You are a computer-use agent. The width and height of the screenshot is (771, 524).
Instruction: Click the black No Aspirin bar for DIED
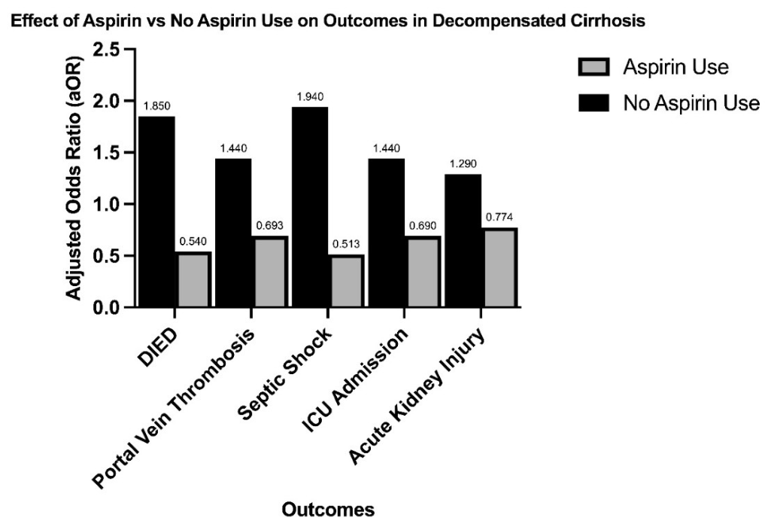(x=157, y=212)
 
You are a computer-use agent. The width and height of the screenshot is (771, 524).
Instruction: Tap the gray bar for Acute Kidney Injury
(x=499, y=268)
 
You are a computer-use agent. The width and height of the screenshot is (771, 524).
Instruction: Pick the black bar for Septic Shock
(x=310, y=207)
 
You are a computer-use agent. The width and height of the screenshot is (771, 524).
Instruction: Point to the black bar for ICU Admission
(x=387, y=233)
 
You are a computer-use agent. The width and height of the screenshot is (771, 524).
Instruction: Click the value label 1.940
(x=310, y=97)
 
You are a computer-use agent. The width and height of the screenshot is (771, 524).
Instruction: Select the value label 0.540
(x=193, y=242)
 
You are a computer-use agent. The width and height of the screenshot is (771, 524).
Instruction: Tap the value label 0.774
(x=499, y=217)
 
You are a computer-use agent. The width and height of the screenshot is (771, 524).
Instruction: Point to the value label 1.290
(x=463, y=164)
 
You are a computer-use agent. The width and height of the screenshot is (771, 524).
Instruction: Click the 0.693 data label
(x=269, y=226)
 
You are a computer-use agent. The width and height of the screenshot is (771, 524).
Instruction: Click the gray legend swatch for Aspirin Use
(x=593, y=67)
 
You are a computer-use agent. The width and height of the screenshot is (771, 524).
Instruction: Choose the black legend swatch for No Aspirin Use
(x=593, y=103)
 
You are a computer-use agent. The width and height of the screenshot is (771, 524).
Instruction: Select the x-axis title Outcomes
(x=328, y=510)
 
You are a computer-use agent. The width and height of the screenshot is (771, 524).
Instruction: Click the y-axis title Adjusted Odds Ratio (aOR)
(x=74, y=178)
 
